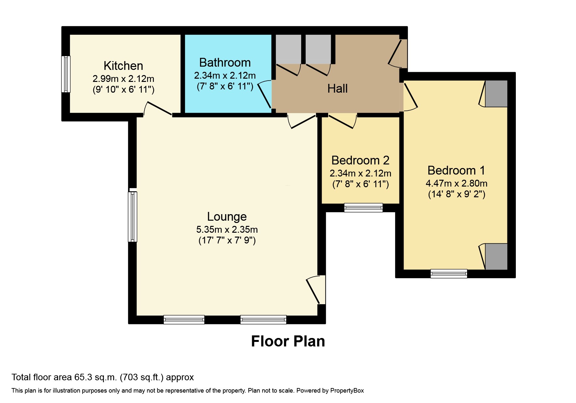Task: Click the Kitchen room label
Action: (123, 66)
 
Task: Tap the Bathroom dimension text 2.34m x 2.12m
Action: (225, 76)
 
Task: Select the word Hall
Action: (337, 88)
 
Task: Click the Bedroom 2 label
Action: (360, 160)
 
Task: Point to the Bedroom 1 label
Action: (456, 170)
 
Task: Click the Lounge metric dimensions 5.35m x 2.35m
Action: (227, 229)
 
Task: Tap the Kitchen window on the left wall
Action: (66, 74)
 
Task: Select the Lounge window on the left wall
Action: (132, 217)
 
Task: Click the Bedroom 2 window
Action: (363, 207)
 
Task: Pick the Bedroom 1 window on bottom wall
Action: (449, 274)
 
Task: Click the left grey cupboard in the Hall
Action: (288, 49)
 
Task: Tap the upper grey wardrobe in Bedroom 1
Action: (496, 94)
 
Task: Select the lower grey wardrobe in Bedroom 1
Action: (496, 256)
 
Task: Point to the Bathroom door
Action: (265, 95)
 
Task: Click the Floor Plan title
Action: (288, 341)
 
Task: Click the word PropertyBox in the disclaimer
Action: (347, 391)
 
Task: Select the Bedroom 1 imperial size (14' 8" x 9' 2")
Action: (456, 194)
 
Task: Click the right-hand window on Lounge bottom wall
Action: (263, 319)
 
